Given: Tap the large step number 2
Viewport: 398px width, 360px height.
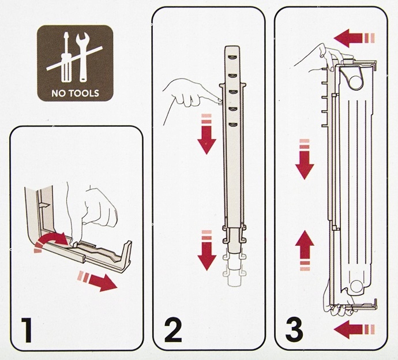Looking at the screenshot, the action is click(x=174, y=330).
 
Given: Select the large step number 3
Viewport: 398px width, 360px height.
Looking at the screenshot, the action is click(x=294, y=330).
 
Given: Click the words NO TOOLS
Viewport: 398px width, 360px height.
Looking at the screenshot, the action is click(x=75, y=93).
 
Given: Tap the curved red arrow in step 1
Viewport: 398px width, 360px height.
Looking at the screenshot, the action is click(x=51, y=241).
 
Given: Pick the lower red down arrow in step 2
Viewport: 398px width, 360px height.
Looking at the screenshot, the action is click(x=206, y=250).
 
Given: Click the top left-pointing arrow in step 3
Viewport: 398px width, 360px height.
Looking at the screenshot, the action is click(x=354, y=38).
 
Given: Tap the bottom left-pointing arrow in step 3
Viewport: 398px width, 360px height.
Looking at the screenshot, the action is click(x=354, y=329).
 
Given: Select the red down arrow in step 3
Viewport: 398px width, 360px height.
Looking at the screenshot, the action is click(x=305, y=159).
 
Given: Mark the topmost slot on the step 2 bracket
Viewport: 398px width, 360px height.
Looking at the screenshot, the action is click(x=232, y=58).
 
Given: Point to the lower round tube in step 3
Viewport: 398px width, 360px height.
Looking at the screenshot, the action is click(x=356, y=287).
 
